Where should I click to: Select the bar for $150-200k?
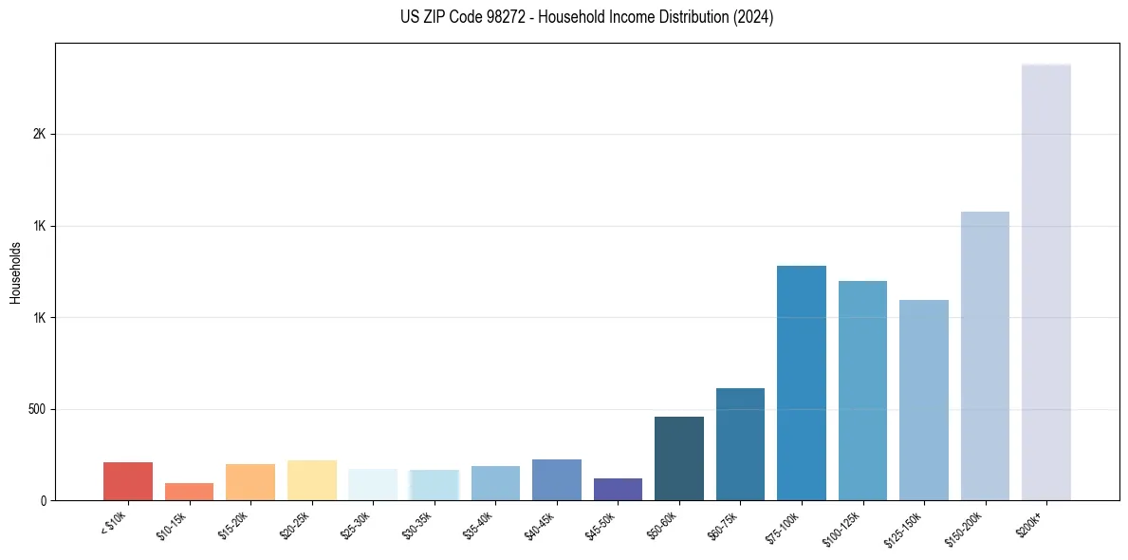click(x=985, y=356)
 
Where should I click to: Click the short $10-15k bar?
click(x=189, y=492)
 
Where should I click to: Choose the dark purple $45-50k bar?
click(x=618, y=489)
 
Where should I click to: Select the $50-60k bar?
click(x=679, y=458)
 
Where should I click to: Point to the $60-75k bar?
click(x=740, y=444)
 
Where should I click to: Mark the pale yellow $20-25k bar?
click(x=311, y=480)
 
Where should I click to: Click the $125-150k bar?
click(x=923, y=400)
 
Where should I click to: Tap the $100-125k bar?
click(x=862, y=390)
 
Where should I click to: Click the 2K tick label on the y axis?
click(x=39, y=134)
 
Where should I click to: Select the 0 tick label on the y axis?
click(x=43, y=500)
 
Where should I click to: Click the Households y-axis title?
click(x=16, y=272)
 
